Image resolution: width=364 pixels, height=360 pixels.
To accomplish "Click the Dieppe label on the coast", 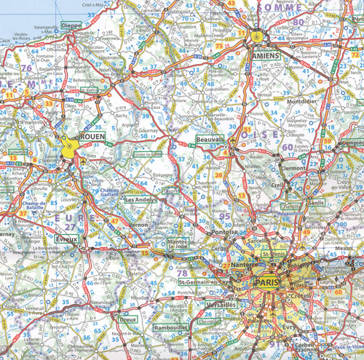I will [71, 25].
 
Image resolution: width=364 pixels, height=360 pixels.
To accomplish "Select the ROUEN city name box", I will [92, 136].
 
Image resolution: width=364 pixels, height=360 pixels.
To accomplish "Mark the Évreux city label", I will [66, 237].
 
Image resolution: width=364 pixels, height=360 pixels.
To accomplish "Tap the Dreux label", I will [128, 319].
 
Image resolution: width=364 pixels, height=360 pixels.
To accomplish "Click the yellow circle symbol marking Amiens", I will [256, 35].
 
